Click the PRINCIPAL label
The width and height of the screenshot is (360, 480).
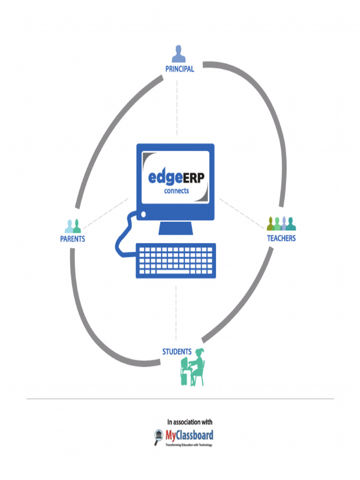click(x=180, y=69)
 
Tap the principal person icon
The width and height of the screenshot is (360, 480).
click(x=178, y=54)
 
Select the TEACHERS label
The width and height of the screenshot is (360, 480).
click(x=281, y=238)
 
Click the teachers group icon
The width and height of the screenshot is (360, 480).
click(x=281, y=224)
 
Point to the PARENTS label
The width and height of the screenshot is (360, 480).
click(x=73, y=239)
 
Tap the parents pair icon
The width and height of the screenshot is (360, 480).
click(x=73, y=226)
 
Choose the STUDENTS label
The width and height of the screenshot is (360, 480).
click(x=177, y=352)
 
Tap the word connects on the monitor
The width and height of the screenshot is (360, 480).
click(x=176, y=191)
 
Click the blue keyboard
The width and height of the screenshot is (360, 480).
click(x=176, y=260)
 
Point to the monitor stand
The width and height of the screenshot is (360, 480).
click(x=176, y=228)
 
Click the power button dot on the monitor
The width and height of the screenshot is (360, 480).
click(x=143, y=215)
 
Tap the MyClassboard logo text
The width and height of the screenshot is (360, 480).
click(x=189, y=435)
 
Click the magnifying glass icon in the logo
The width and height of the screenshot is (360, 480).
click(x=158, y=437)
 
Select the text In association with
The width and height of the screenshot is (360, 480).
click(x=190, y=422)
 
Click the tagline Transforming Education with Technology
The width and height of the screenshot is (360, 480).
click(x=188, y=445)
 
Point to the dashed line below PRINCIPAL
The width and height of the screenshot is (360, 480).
click(x=177, y=108)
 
